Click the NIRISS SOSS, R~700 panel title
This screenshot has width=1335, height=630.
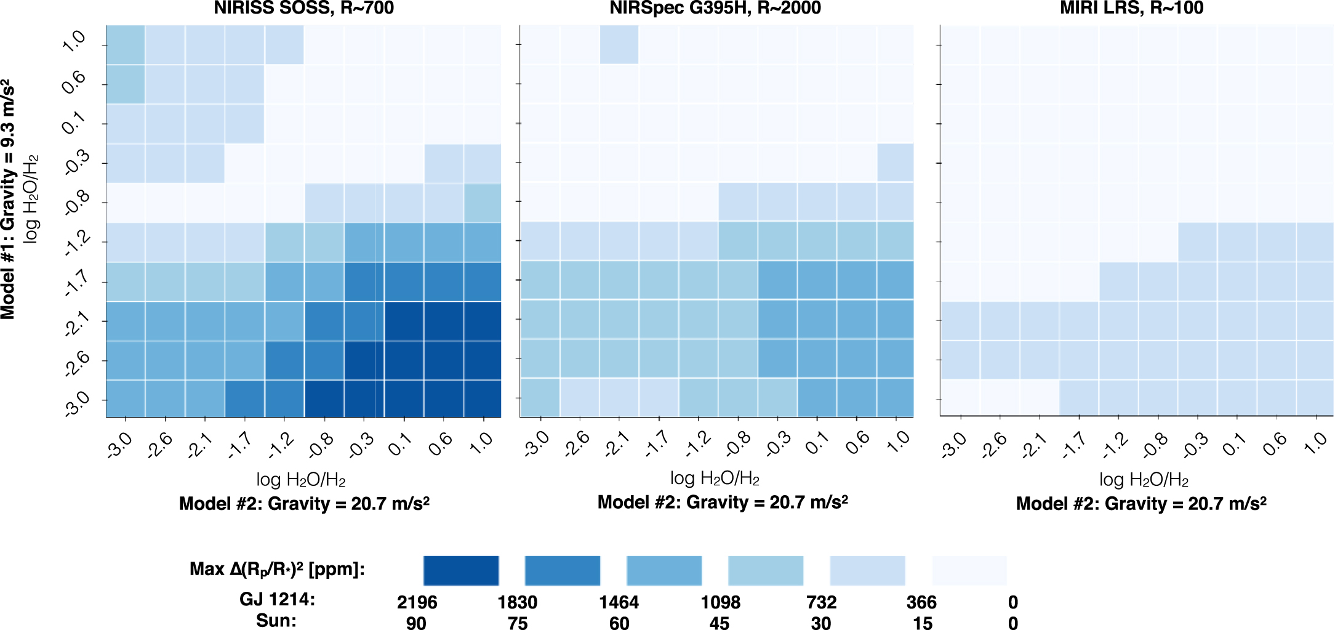point(303,8)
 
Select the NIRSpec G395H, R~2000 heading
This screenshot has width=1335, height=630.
point(715,8)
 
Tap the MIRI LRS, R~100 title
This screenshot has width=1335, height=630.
point(1131,8)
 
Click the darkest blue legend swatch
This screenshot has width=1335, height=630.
point(461,570)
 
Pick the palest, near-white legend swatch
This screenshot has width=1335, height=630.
point(969,570)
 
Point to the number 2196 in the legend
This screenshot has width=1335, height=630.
point(417,602)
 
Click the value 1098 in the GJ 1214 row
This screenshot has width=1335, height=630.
point(720,602)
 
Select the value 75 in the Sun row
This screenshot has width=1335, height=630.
point(518,623)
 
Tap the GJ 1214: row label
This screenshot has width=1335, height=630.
point(277,599)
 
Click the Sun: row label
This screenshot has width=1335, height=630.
point(276,621)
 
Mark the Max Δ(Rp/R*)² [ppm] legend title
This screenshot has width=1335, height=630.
point(277,569)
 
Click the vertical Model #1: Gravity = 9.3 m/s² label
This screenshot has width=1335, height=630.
point(8,200)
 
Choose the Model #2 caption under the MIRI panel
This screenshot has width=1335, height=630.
point(1141,504)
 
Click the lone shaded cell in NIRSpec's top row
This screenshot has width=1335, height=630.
point(619,44)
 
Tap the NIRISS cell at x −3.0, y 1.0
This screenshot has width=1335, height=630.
point(126,44)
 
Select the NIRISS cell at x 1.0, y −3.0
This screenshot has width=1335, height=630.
point(483,399)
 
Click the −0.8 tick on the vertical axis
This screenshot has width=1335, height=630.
point(76,203)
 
